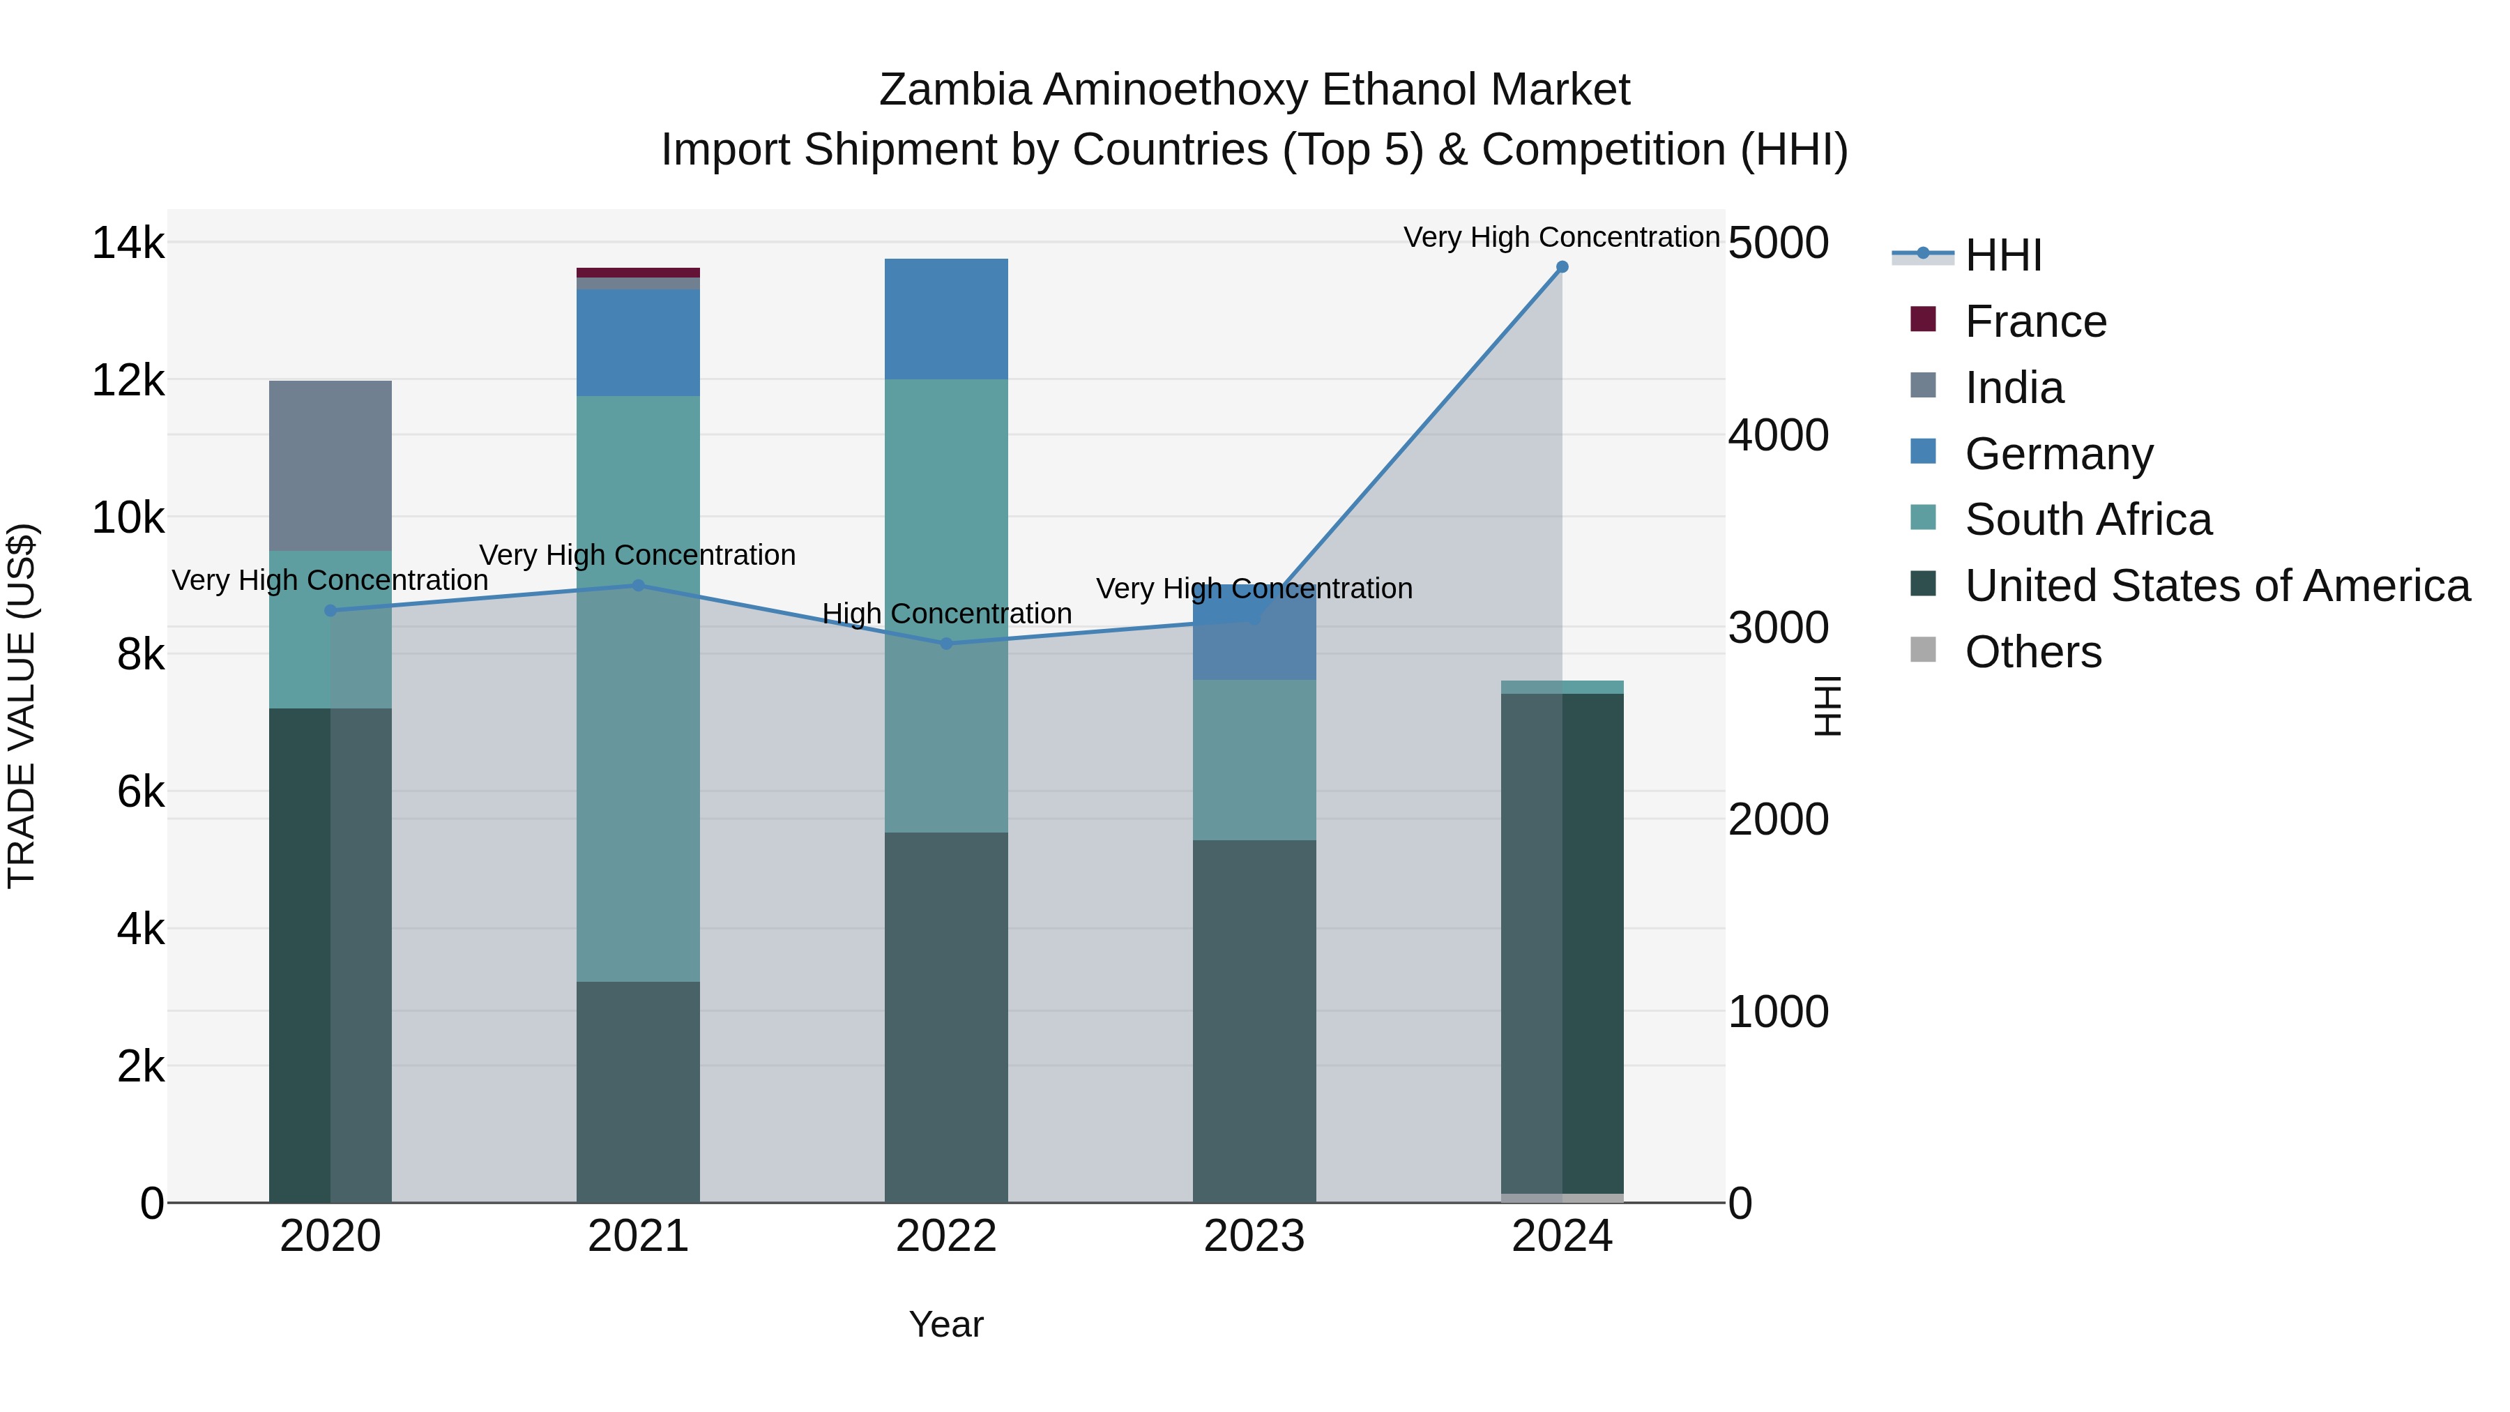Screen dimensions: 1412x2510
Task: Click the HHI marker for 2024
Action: pyautogui.click(x=1562, y=267)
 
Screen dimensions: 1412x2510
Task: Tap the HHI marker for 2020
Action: pyautogui.click(x=330, y=611)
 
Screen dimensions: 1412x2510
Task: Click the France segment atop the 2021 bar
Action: pyautogui.click(x=638, y=273)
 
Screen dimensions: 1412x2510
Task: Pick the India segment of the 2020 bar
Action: pyautogui.click(x=330, y=466)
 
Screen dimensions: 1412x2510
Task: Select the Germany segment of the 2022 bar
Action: pyautogui.click(x=946, y=319)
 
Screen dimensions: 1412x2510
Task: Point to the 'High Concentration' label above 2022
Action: pyautogui.click(x=946, y=614)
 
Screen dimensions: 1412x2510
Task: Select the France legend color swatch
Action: pyautogui.click(x=1922, y=319)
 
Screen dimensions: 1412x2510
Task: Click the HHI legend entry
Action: pyautogui.click(x=2002, y=255)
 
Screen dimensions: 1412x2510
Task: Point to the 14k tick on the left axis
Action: pyautogui.click(x=128, y=243)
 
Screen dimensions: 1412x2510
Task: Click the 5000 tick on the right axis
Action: pyautogui.click(x=1778, y=243)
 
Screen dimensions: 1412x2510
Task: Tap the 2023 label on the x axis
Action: pyautogui.click(x=1254, y=1236)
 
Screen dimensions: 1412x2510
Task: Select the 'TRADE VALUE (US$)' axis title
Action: pyautogui.click(x=22, y=706)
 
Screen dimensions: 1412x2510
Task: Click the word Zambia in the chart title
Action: pyautogui.click(x=954, y=90)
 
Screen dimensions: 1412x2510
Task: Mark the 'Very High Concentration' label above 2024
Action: pyautogui.click(x=1561, y=237)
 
